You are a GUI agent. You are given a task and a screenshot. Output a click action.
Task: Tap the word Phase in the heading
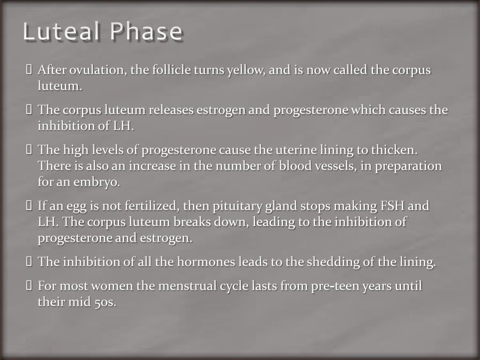coord(146,32)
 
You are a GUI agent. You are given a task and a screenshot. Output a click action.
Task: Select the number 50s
coord(105,302)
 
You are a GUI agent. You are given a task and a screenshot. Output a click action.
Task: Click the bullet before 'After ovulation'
coord(29,71)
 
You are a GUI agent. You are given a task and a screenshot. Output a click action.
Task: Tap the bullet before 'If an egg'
coord(29,206)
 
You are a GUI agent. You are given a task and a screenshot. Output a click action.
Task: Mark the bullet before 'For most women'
coord(29,286)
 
